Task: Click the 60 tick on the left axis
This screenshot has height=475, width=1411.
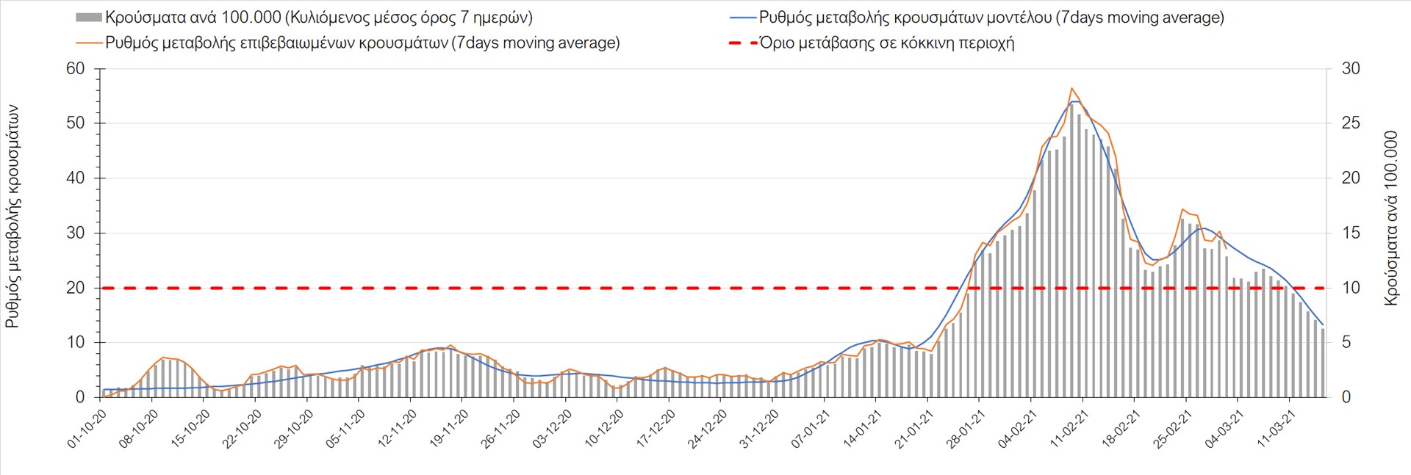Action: click(76, 68)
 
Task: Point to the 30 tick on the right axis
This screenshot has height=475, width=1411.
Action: click(1351, 68)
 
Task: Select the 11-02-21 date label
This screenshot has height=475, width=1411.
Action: click(1069, 429)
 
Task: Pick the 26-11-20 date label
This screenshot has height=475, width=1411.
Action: click(501, 429)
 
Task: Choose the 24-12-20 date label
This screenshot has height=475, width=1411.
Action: click(708, 429)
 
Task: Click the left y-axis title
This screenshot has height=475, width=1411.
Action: click(12, 216)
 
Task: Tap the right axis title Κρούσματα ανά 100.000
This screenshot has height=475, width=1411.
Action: click(1390, 218)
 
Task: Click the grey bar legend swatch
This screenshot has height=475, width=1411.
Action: click(88, 17)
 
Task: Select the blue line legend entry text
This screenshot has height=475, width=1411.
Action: click(991, 17)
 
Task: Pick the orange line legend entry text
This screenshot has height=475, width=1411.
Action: click(362, 43)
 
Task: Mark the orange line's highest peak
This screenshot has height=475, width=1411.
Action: click(1071, 88)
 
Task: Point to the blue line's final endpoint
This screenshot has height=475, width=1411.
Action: click(1323, 324)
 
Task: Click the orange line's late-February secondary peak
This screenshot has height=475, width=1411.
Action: click(1182, 209)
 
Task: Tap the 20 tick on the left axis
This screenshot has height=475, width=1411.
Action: click(76, 288)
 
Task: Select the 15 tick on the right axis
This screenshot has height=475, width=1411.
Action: click(1351, 233)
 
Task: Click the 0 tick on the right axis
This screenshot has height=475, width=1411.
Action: click(1346, 397)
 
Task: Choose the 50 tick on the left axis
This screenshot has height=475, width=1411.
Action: click(76, 123)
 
